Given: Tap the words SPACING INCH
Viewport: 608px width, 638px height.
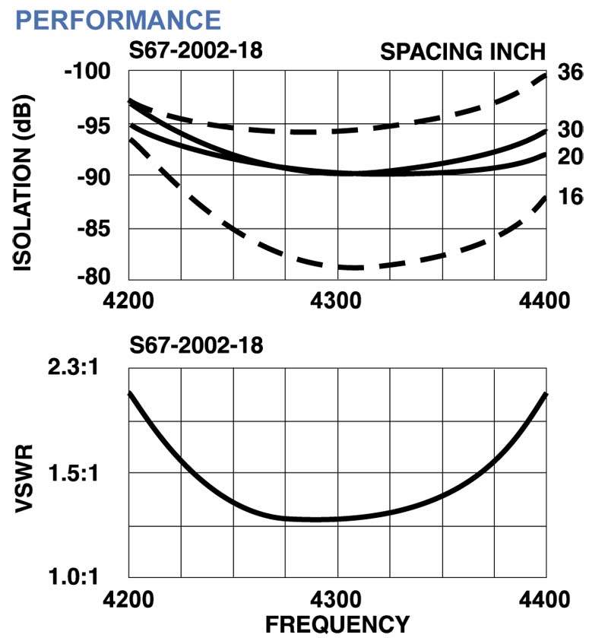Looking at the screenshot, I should click(x=462, y=52).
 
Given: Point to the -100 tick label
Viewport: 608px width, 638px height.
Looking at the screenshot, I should click(x=87, y=74).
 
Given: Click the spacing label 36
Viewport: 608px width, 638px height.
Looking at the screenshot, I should click(x=569, y=73).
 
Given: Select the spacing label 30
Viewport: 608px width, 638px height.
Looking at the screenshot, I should click(x=569, y=129).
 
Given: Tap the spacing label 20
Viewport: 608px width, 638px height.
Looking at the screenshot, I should click(x=569, y=156).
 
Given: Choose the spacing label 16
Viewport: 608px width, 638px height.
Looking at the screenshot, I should click(x=569, y=197).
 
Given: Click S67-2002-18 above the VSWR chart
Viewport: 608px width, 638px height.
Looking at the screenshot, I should click(x=195, y=347).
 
